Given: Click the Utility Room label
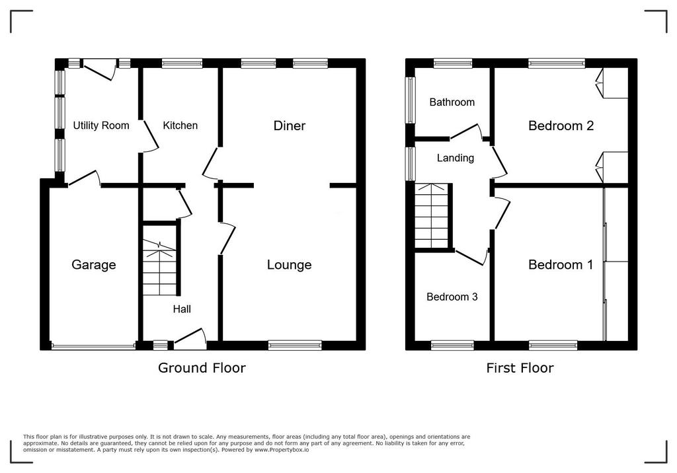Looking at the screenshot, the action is pyautogui.click(x=101, y=126).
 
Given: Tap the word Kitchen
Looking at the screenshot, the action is pyautogui.click(x=180, y=126).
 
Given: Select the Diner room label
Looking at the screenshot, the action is pyautogui.click(x=290, y=126).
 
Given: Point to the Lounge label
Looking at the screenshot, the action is pyautogui.click(x=290, y=264).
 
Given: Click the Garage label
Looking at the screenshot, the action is pyautogui.click(x=94, y=264).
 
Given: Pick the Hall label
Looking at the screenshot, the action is pyautogui.click(x=182, y=309).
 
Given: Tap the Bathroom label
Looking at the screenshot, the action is pyautogui.click(x=452, y=102).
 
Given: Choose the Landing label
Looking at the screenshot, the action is pyautogui.click(x=456, y=158).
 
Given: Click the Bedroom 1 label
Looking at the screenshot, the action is pyautogui.click(x=561, y=264).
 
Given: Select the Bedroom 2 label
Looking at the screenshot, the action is pyautogui.click(x=561, y=126).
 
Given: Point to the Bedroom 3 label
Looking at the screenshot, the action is pyautogui.click(x=452, y=297).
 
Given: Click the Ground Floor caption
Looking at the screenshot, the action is pyautogui.click(x=202, y=368).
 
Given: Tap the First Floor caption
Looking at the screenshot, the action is pyautogui.click(x=520, y=368).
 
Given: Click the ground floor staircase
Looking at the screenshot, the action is pyautogui.click(x=159, y=268).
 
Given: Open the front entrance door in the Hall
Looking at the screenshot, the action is pyautogui.click(x=190, y=339).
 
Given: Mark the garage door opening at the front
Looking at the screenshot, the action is pyautogui.click(x=93, y=346).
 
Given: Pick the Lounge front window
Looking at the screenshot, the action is pyautogui.click(x=295, y=345).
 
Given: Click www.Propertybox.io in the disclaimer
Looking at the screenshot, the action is pyautogui.click(x=282, y=450).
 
